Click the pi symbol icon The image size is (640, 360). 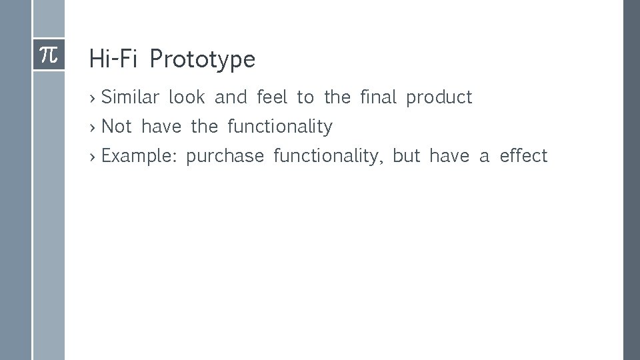point(49,55)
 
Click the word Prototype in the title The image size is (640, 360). point(203,60)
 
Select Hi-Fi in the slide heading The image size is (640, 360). point(113,60)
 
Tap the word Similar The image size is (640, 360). point(130,97)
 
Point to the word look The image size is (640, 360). point(187,97)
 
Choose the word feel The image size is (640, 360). point(272,97)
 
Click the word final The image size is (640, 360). point(378,97)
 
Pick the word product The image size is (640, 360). point(439,98)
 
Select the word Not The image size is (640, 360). point(117,127)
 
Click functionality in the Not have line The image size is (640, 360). point(280,127)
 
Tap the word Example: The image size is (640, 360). point(138,157)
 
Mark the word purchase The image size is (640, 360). point(225,157)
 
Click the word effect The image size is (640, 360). point(523,156)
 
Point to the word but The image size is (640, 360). point(407,156)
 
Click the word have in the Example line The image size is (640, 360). point(449,156)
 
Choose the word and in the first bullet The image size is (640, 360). point(231,97)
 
